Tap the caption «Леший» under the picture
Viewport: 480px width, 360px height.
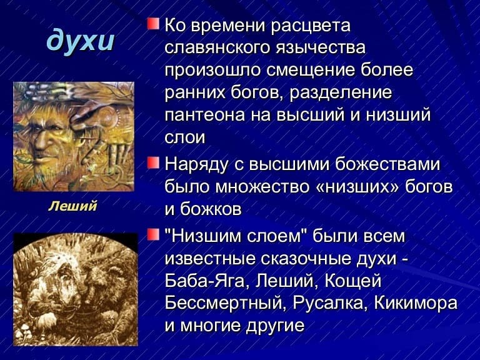[72, 206]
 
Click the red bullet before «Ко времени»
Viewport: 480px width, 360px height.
[153, 24]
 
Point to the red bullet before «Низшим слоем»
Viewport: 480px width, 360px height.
[153, 235]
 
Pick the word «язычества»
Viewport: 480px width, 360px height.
[321, 48]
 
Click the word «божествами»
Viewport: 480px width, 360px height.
[387, 164]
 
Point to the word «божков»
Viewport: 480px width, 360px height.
[211, 209]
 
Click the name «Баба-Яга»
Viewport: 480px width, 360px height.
[205, 281]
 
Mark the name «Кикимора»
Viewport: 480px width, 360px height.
[416, 303]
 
